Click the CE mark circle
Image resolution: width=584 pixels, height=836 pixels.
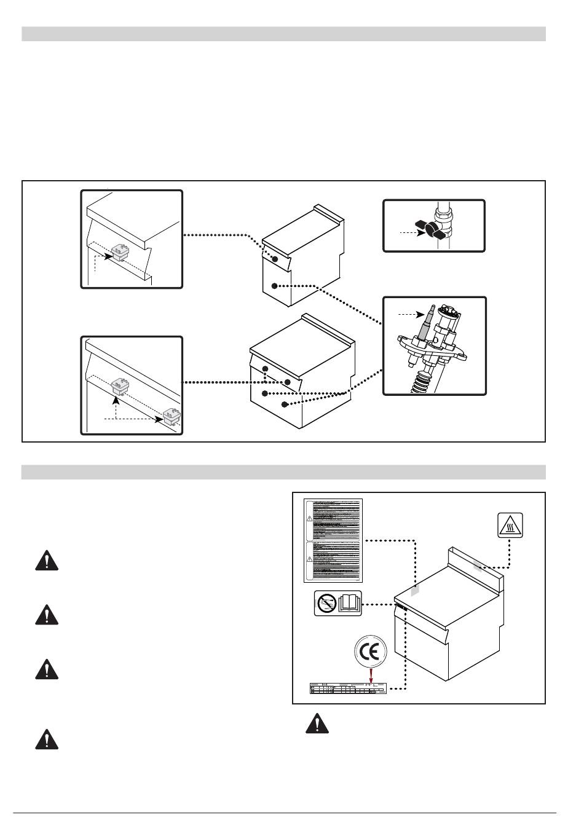tap(371, 651)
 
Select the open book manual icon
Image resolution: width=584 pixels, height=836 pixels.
tap(350, 603)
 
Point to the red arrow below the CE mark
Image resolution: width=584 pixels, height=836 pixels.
tap(371, 674)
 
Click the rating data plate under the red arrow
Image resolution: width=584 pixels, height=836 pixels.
tap(348, 690)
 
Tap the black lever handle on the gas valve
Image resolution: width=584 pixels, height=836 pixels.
tap(433, 228)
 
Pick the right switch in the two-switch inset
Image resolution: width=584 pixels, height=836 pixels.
tap(172, 417)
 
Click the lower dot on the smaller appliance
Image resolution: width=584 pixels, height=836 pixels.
tap(275, 286)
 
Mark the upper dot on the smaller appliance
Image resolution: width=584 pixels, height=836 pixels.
tap(275, 260)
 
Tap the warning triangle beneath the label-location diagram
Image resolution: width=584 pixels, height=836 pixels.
tap(317, 724)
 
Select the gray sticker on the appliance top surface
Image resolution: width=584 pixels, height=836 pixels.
tap(415, 590)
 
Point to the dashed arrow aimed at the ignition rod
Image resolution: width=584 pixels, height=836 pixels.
tap(408, 314)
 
